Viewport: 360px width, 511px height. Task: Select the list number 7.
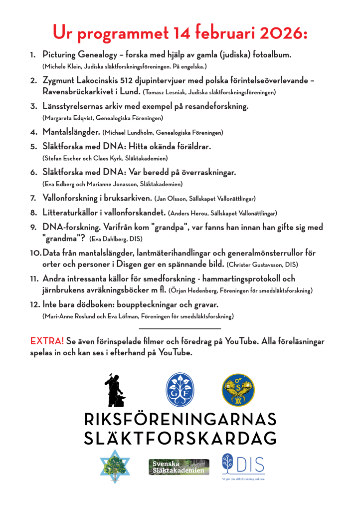click(x=33, y=198)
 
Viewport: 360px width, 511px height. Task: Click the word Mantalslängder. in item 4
click(x=71, y=132)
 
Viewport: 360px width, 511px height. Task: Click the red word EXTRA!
click(x=47, y=341)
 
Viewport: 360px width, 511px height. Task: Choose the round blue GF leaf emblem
click(x=180, y=389)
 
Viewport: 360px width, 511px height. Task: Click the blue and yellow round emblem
click(x=237, y=389)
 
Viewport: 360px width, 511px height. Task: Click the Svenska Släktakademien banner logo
click(x=179, y=467)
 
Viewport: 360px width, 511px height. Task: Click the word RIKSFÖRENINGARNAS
click(x=180, y=418)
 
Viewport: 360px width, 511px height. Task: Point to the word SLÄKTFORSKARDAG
click(x=180, y=438)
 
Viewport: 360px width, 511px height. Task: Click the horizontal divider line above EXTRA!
click(x=180, y=328)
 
